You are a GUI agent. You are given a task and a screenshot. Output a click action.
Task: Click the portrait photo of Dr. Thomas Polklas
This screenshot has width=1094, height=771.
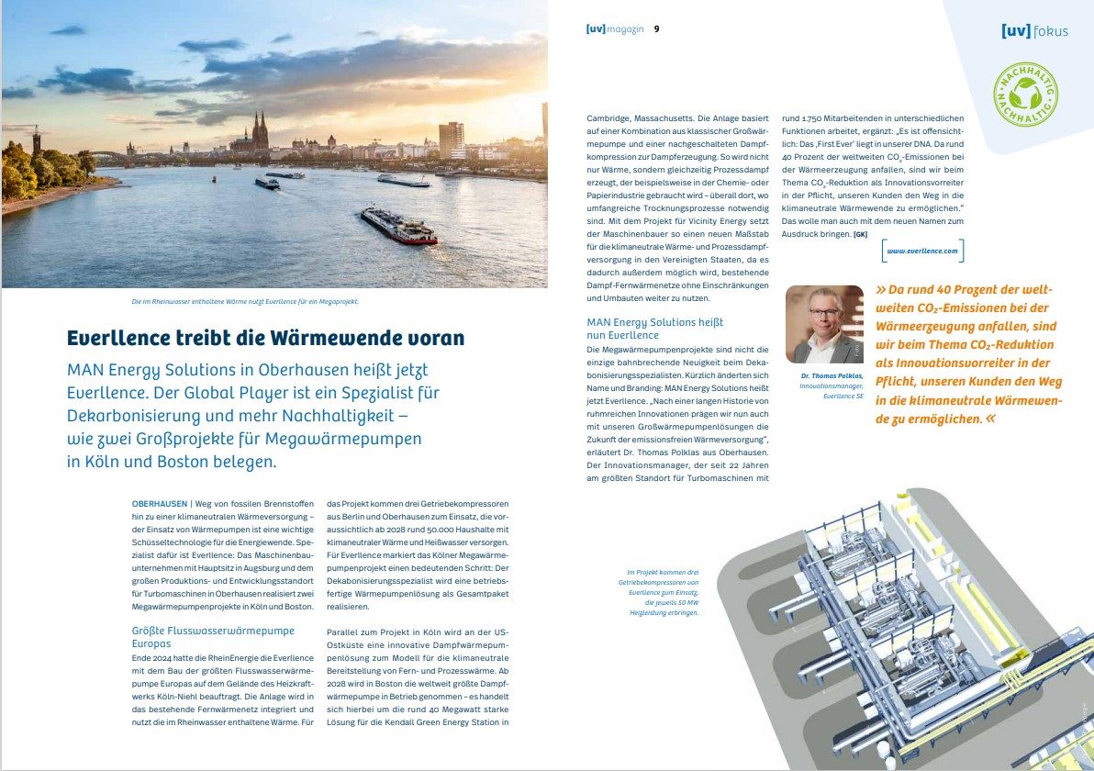(824, 324)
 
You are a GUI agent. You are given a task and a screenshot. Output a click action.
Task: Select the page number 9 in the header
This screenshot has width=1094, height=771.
(656, 28)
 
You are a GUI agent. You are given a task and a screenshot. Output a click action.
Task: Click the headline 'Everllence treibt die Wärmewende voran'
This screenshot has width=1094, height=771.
(265, 338)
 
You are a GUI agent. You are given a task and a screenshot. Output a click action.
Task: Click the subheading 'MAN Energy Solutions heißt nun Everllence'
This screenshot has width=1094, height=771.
(654, 329)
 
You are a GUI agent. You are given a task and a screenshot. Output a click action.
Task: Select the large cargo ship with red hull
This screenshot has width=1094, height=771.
(397, 225)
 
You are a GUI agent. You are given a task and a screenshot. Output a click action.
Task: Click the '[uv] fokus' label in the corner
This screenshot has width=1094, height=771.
(1034, 30)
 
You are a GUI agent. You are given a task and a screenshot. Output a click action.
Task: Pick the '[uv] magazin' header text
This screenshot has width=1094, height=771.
(615, 28)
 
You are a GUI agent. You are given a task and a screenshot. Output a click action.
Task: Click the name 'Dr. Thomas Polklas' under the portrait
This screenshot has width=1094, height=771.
(824, 376)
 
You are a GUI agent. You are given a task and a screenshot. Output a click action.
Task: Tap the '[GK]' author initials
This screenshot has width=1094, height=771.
(860, 234)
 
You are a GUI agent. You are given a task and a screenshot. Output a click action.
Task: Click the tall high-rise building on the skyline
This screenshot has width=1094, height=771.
(451, 140)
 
